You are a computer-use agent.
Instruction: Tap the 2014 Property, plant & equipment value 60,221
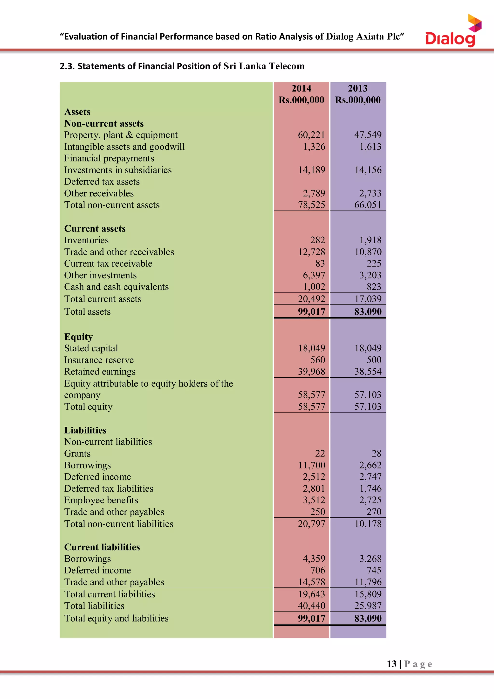pos(311,135)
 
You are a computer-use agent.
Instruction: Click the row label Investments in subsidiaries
pos(118,170)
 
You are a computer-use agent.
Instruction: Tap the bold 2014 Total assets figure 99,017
pos(311,312)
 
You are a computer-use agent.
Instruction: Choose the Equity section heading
pos(78,337)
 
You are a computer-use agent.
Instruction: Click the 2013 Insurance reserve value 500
pos(374,360)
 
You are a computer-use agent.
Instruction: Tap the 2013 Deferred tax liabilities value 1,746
pos(370,489)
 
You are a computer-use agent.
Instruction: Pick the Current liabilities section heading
pos(102,547)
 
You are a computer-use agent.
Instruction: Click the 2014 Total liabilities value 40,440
pos(311,606)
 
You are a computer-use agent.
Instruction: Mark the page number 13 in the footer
pos(391,664)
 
